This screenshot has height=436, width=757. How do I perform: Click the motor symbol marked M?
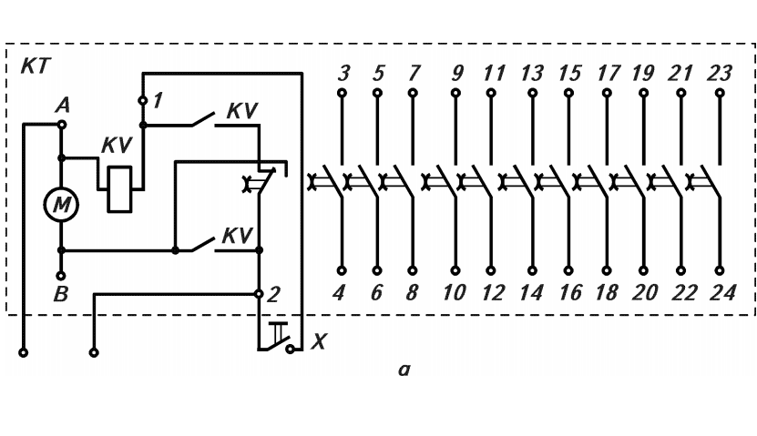coord(61,205)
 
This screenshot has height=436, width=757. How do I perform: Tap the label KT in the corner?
coord(36,66)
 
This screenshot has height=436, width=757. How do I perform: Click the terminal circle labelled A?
coord(61,125)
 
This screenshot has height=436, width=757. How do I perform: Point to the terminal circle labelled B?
coord(61,276)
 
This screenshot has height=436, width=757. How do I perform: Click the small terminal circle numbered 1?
coord(143,100)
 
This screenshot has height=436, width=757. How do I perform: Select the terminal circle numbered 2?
coord(259,294)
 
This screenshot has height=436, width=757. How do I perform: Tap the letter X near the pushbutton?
coord(319,342)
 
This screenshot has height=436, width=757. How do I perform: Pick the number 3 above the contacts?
coord(343,73)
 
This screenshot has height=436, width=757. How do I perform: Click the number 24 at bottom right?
coord(722,292)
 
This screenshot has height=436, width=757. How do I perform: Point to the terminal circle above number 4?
coord(342,270)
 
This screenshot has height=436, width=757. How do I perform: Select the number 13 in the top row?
coord(532,74)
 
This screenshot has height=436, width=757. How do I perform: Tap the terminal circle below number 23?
coord(720,93)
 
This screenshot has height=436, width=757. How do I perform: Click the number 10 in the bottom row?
coord(454,292)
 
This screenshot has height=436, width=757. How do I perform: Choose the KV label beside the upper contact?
coord(242,111)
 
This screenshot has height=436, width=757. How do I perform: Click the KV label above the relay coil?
coord(117,145)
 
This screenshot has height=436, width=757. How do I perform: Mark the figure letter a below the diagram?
coord(404,370)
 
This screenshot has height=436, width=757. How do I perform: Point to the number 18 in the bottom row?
coord(607,292)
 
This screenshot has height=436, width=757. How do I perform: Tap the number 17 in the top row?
coord(608,74)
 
